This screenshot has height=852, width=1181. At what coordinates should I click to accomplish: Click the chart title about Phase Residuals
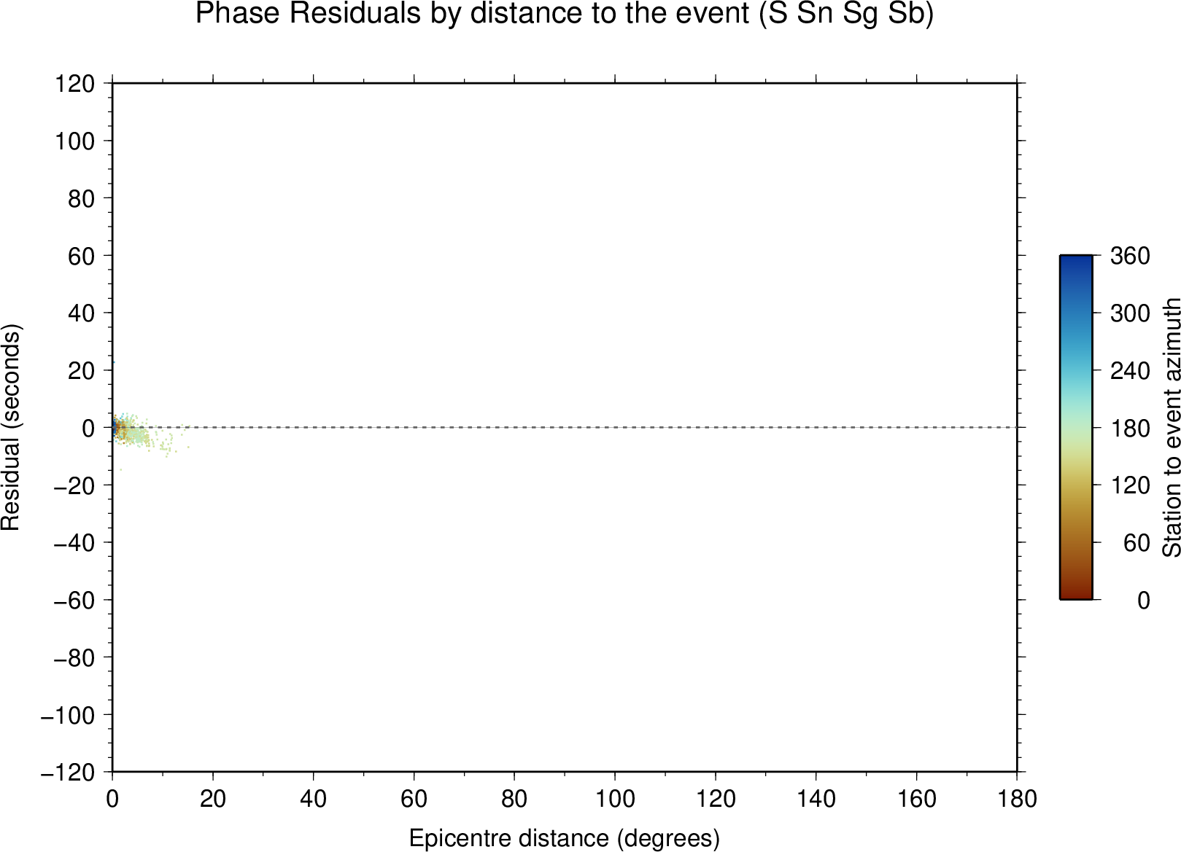click(564, 14)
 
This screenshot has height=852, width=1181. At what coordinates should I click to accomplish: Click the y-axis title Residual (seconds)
click(10, 427)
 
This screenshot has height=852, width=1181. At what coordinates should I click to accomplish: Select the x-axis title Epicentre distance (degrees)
click(564, 838)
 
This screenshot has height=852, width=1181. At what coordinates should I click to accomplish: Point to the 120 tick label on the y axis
click(75, 83)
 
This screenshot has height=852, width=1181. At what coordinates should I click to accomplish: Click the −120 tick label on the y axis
click(68, 773)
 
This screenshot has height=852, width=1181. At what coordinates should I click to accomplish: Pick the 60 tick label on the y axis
click(82, 256)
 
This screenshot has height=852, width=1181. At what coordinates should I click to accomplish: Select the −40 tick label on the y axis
click(74, 542)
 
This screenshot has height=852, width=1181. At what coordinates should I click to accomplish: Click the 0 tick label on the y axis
click(88, 428)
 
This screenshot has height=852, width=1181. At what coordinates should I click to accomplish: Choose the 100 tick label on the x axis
click(615, 800)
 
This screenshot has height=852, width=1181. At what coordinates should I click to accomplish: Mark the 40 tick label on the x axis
click(313, 800)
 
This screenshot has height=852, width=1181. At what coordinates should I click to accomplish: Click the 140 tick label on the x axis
click(816, 800)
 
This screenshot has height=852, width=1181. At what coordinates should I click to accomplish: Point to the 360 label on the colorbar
click(1131, 256)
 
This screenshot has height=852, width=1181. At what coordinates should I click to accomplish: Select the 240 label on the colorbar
click(1131, 371)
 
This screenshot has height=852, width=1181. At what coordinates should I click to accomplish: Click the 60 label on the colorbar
click(1137, 542)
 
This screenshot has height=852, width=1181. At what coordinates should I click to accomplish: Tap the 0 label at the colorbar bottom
click(1144, 600)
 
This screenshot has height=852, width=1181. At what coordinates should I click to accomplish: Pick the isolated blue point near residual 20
click(113, 362)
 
